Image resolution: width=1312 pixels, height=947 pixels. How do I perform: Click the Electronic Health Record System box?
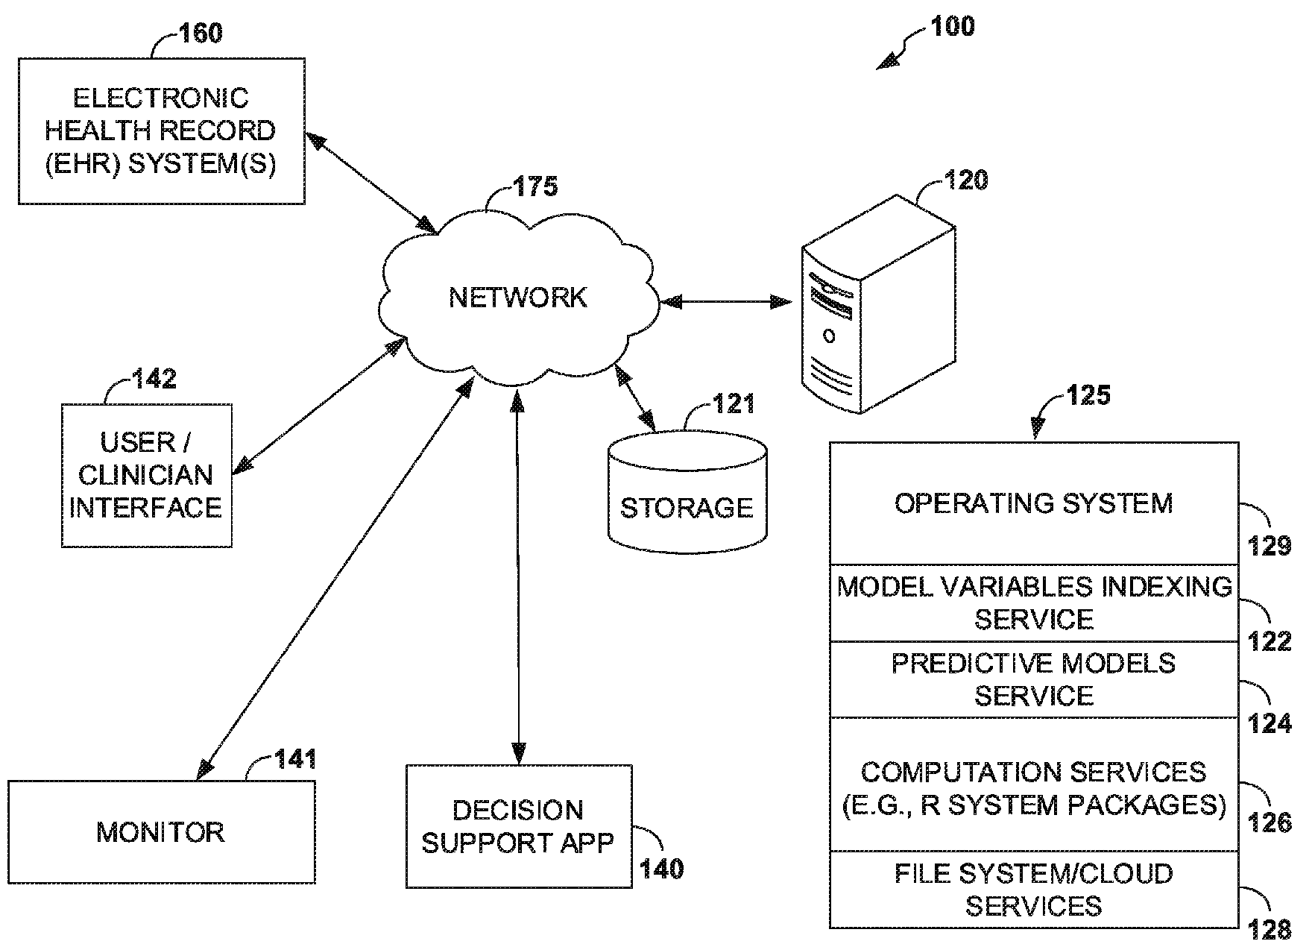pos(161,131)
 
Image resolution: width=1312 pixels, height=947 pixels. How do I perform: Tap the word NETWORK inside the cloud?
pos(518,298)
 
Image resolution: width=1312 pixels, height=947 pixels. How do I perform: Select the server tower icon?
pos(877,306)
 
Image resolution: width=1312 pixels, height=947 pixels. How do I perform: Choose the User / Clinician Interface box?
pos(146,476)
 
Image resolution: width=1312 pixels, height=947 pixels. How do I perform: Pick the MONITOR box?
pos(161,832)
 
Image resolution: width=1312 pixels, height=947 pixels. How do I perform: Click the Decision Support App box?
pos(518,826)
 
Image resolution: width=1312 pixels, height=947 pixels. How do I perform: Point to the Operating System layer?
pos(1033,504)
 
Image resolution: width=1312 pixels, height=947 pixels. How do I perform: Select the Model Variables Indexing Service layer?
pos(1033,603)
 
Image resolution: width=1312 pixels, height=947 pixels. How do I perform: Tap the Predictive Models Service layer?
pos(1033,679)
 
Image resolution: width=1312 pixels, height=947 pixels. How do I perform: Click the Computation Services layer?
pos(1033,787)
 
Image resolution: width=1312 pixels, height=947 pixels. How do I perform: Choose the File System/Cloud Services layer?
pos(1033,890)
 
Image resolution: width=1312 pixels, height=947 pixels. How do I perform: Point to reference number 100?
pos(952,27)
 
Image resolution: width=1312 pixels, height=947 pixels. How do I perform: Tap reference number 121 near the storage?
pos(734,404)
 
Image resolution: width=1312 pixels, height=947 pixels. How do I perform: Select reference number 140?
pos(662,869)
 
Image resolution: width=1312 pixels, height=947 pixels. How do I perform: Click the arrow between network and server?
pos(726,302)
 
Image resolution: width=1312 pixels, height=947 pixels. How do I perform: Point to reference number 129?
pos(1269,547)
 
